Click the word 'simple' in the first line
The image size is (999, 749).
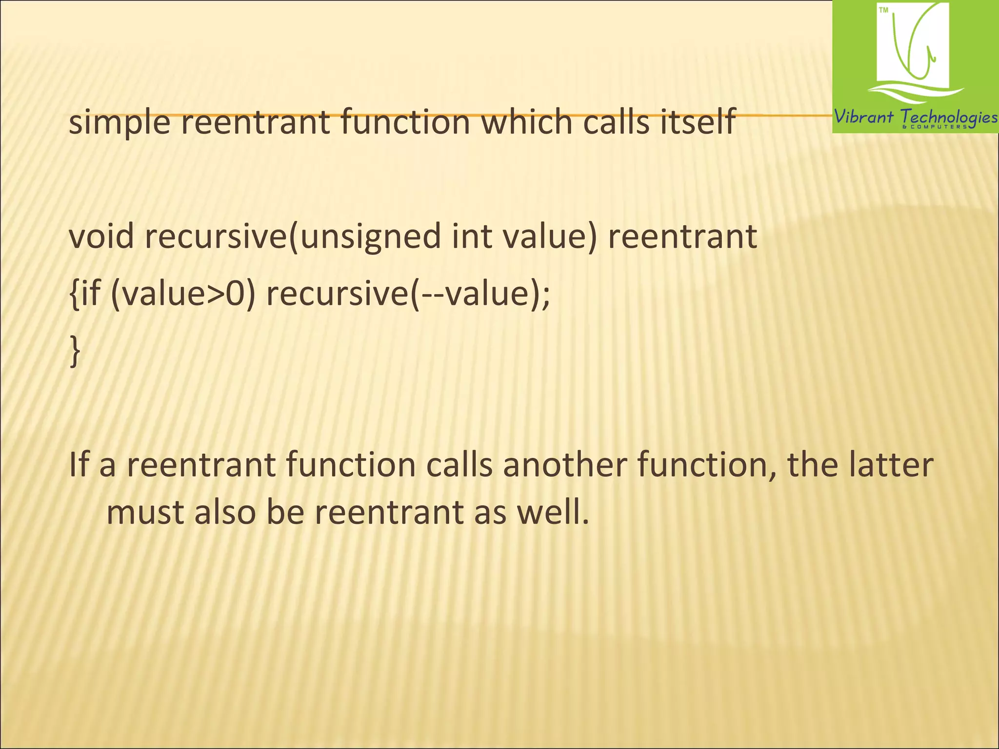(x=120, y=123)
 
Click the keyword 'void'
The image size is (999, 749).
(x=101, y=237)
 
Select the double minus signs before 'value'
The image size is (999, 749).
(x=429, y=296)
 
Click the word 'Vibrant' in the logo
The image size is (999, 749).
(x=864, y=117)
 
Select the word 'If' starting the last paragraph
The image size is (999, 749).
(x=79, y=465)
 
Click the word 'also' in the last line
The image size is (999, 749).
(x=225, y=513)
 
